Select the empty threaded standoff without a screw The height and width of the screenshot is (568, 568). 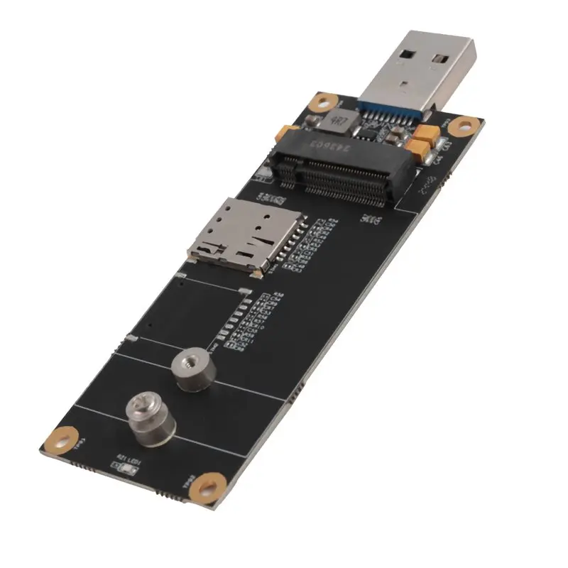pos(188,369)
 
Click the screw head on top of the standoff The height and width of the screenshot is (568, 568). pos(138,407)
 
